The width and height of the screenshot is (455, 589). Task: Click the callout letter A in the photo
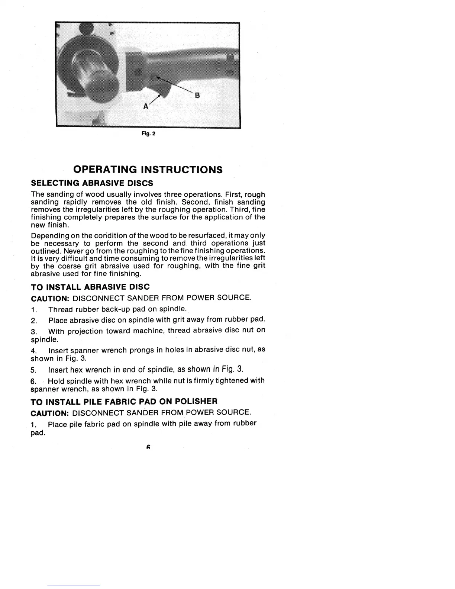click(146, 106)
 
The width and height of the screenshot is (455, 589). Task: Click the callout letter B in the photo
click(197, 96)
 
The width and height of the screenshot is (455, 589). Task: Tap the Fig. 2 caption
click(148, 134)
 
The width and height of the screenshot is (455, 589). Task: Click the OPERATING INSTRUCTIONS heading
click(148, 170)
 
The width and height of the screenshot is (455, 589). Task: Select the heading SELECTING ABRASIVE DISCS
click(92, 183)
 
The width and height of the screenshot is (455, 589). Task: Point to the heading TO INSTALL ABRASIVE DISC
click(90, 287)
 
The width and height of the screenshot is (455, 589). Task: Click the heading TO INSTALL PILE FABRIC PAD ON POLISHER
click(124, 402)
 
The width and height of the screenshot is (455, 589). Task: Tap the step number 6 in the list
click(33, 381)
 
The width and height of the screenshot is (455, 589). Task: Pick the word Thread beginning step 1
click(61, 309)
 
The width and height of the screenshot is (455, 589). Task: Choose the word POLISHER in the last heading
click(196, 402)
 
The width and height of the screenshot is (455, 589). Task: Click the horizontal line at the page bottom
click(74, 586)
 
